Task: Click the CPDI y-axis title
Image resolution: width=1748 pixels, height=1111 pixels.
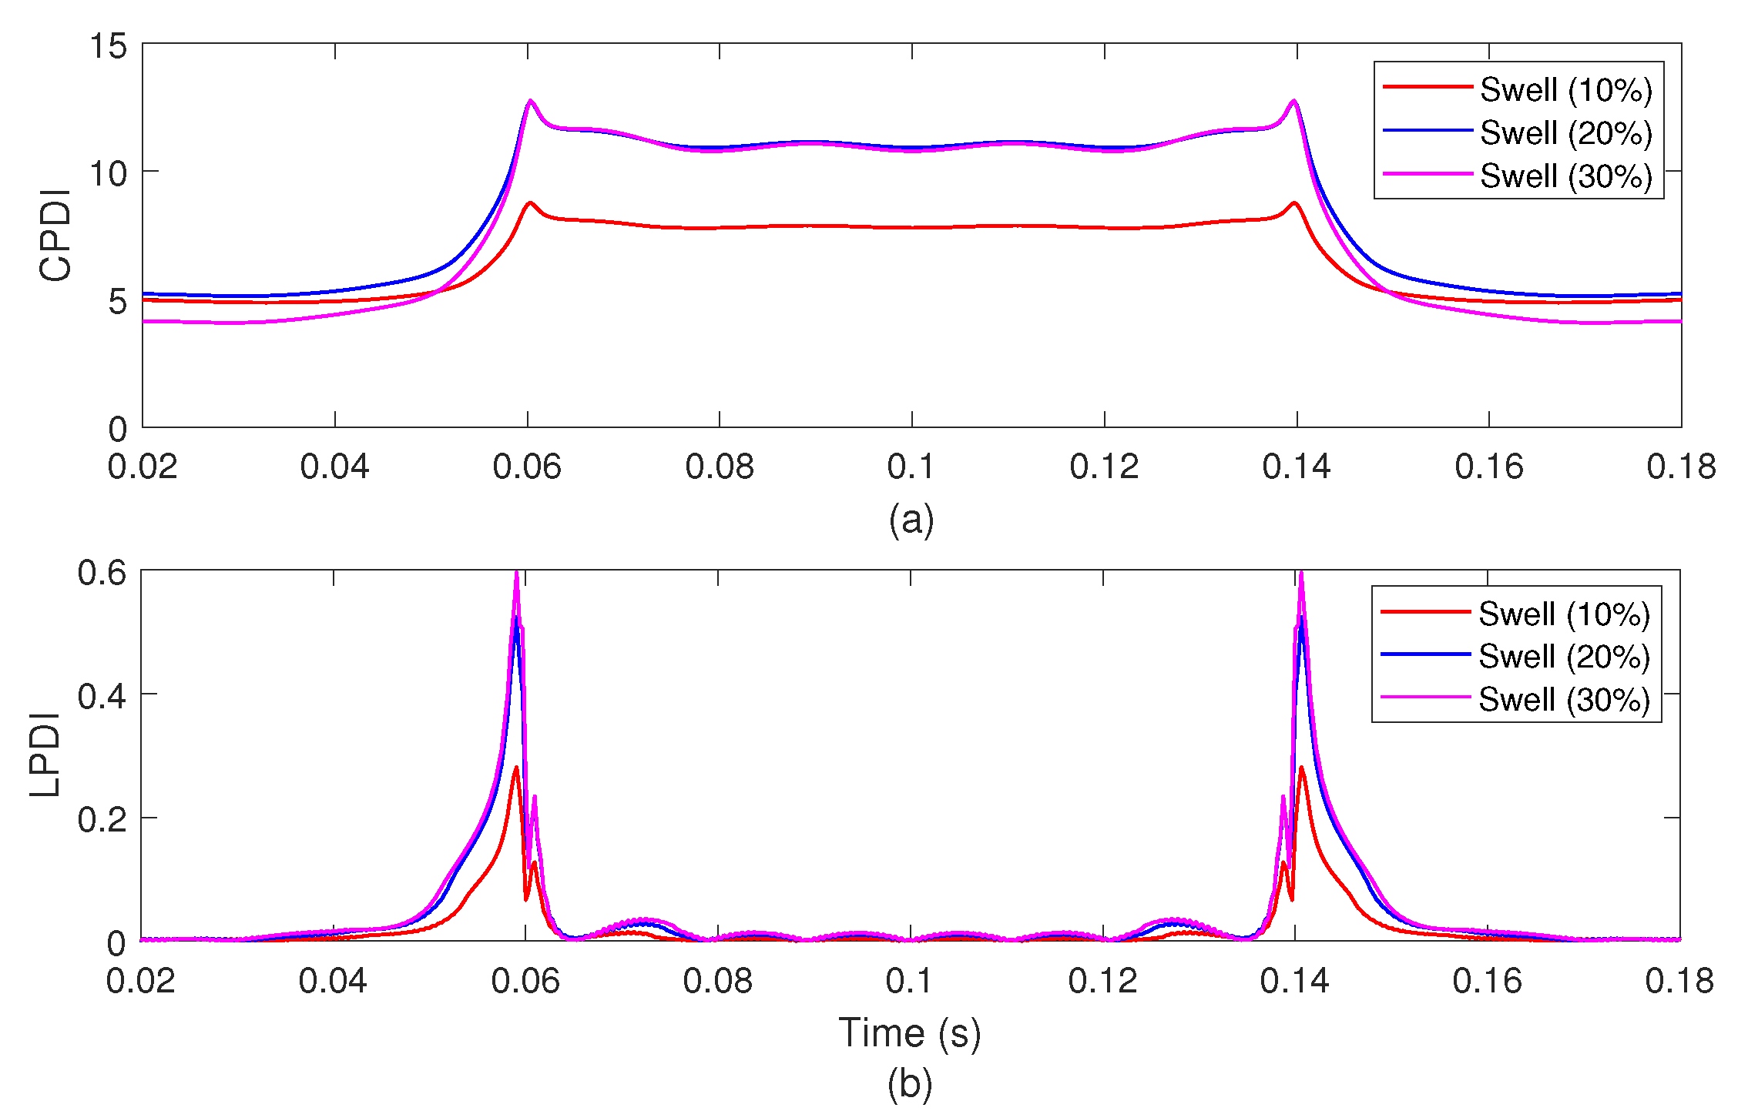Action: pos(55,236)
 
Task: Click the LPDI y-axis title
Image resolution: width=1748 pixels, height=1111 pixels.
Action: pos(45,755)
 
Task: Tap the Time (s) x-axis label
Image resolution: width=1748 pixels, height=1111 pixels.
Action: pos(910,1032)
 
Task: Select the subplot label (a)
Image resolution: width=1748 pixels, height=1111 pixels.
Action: pos(911,520)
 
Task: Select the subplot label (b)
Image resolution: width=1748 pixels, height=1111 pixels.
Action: pos(910,1084)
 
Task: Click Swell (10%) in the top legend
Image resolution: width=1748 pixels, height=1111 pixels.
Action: pos(1565,90)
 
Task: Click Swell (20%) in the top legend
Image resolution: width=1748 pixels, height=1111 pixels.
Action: pos(1565,133)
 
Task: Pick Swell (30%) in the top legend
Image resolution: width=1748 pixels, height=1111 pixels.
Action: pos(1565,176)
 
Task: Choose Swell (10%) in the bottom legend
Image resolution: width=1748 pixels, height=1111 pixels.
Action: pos(1564,614)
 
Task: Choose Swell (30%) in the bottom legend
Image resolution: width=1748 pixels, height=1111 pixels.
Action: pos(1564,700)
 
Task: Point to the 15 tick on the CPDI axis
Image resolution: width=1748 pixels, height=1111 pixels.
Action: pos(108,46)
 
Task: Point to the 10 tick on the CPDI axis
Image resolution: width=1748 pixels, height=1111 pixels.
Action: pos(108,173)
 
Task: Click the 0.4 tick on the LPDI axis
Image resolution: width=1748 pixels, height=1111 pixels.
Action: pos(102,696)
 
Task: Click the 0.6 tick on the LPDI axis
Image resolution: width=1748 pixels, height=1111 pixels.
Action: pos(102,573)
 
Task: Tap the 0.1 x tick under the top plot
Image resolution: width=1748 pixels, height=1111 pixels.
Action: pos(911,467)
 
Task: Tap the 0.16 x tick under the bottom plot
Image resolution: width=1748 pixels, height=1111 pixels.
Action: pos(1487,981)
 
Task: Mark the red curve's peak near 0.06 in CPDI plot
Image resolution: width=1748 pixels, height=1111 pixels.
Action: pos(530,202)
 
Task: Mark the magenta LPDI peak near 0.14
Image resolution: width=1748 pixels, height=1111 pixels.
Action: pos(1301,574)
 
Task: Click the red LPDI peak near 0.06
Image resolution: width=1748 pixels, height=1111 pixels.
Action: pos(516,767)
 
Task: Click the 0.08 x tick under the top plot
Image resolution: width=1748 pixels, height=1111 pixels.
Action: pos(719,467)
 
